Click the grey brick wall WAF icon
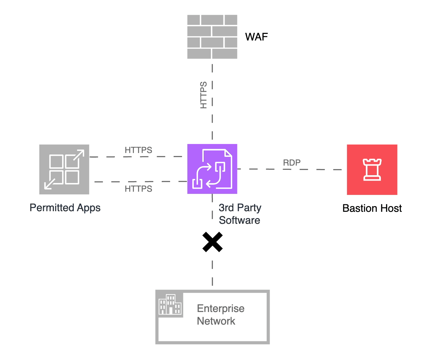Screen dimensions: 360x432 [x=212, y=37]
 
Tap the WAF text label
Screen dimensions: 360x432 [x=256, y=37]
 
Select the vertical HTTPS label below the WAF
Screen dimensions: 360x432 [x=204, y=95]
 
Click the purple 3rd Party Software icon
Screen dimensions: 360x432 [x=212, y=169]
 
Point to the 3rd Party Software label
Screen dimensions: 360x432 [x=240, y=214]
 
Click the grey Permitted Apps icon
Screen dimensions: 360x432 [x=64, y=169]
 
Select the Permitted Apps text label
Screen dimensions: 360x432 [x=65, y=208]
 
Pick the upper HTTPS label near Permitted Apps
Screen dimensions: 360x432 [x=138, y=150]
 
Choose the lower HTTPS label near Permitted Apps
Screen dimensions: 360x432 [x=138, y=189]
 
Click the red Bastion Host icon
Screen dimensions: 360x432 [x=372, y=169]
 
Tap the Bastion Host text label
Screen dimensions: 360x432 [x=372, y=208]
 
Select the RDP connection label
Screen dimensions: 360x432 [x=292, y=163]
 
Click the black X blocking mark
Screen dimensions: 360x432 [x=212, y=242]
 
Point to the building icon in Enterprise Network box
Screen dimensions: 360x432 [x=170, y=304]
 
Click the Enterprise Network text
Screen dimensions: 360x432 [x=220, y=315]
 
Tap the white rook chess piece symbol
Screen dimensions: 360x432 [x=372, y=169]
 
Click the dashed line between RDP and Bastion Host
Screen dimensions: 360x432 [x=321, y=169]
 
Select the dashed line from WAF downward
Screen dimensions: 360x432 [x=212, y=120]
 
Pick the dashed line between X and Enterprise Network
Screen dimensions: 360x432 [x=212, y=273]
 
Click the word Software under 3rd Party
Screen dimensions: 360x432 [x=239, y=220]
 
